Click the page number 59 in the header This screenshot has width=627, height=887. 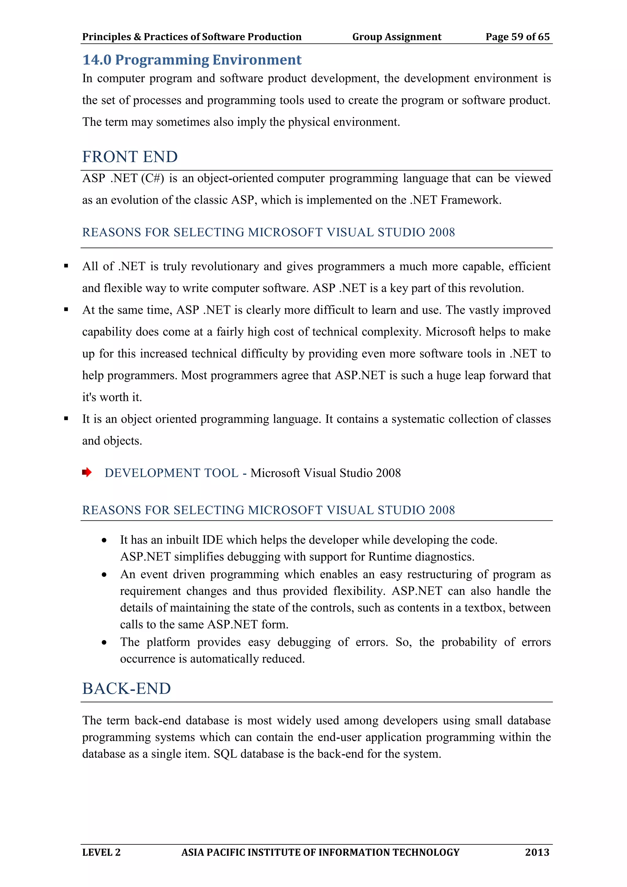click(x=517, y=37)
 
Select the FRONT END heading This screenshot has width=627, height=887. click(x=130, y=157)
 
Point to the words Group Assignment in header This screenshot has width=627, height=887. click(x=396, y=37)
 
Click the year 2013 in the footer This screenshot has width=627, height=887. click(x=537, y=852)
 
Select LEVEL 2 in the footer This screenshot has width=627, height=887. click(x=101, y=852)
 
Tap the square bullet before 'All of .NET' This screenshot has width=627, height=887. click(x=66, y=266)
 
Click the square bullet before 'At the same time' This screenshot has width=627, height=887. click(x=66, y=309)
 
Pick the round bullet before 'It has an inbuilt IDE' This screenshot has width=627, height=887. click(x=104, y=541)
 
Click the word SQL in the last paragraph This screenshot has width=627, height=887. click(x=225, y=754)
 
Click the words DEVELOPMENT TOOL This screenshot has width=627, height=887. click(x=171, y=473)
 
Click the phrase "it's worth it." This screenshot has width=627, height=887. click(x=112, y=397)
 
